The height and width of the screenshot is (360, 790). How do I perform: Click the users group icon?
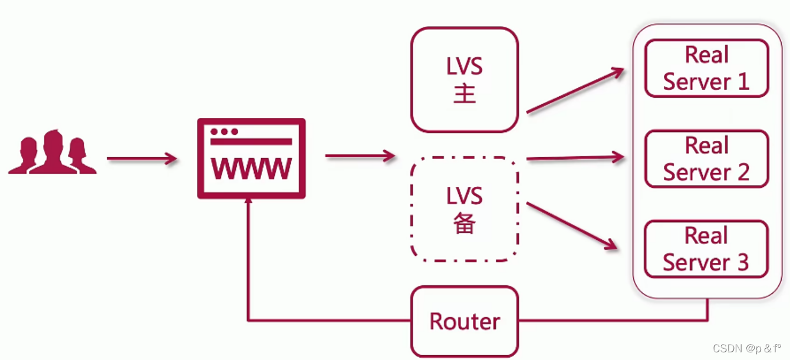point(52,153)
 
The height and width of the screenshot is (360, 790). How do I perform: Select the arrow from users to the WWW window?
point(141,158)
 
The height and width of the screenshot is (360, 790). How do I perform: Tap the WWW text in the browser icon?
point(251,169)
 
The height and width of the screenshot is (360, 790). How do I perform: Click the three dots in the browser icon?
point(224,131)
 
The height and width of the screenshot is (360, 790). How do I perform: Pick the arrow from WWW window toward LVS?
point(360,156)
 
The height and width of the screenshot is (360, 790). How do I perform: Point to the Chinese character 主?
point(465,94)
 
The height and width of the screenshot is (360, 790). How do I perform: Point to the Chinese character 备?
point(465,223)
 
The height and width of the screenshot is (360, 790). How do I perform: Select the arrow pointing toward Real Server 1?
point(575,91)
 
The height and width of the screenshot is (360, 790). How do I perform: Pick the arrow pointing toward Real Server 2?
point(575,158)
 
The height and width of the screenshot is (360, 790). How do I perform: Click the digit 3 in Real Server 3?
point(743,263)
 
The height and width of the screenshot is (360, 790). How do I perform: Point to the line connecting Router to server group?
point(613,320)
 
